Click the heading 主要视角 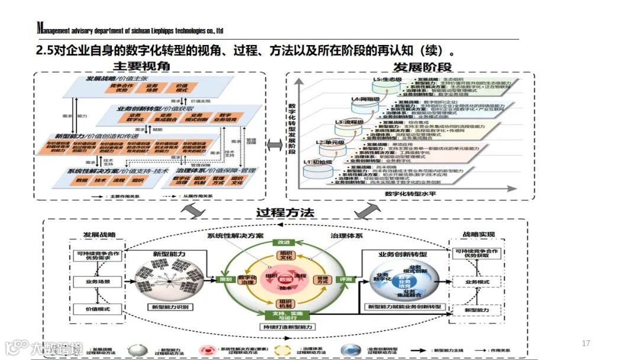[142, 66]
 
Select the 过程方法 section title [285, 212]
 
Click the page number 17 [586, 343]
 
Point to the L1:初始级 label [318, 162]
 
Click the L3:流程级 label [348, 122]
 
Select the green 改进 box [281, 242]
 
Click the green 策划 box [225, 278]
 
